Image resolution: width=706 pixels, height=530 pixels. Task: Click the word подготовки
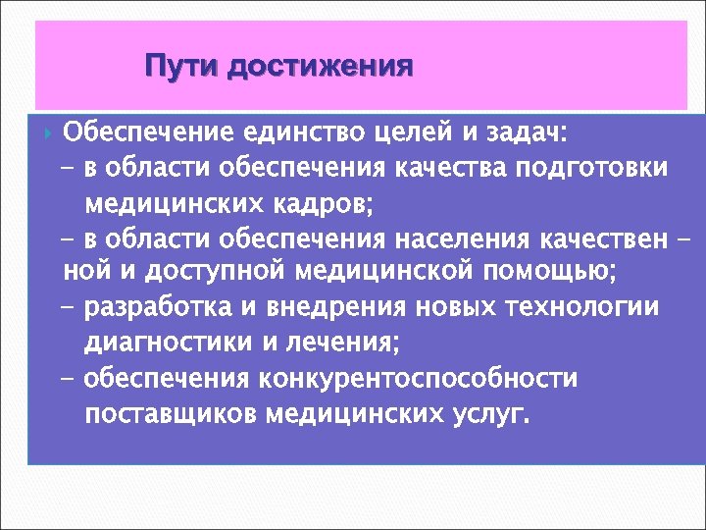(x=599, y=167)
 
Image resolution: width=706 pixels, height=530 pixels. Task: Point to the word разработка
(x=156, y=307)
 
